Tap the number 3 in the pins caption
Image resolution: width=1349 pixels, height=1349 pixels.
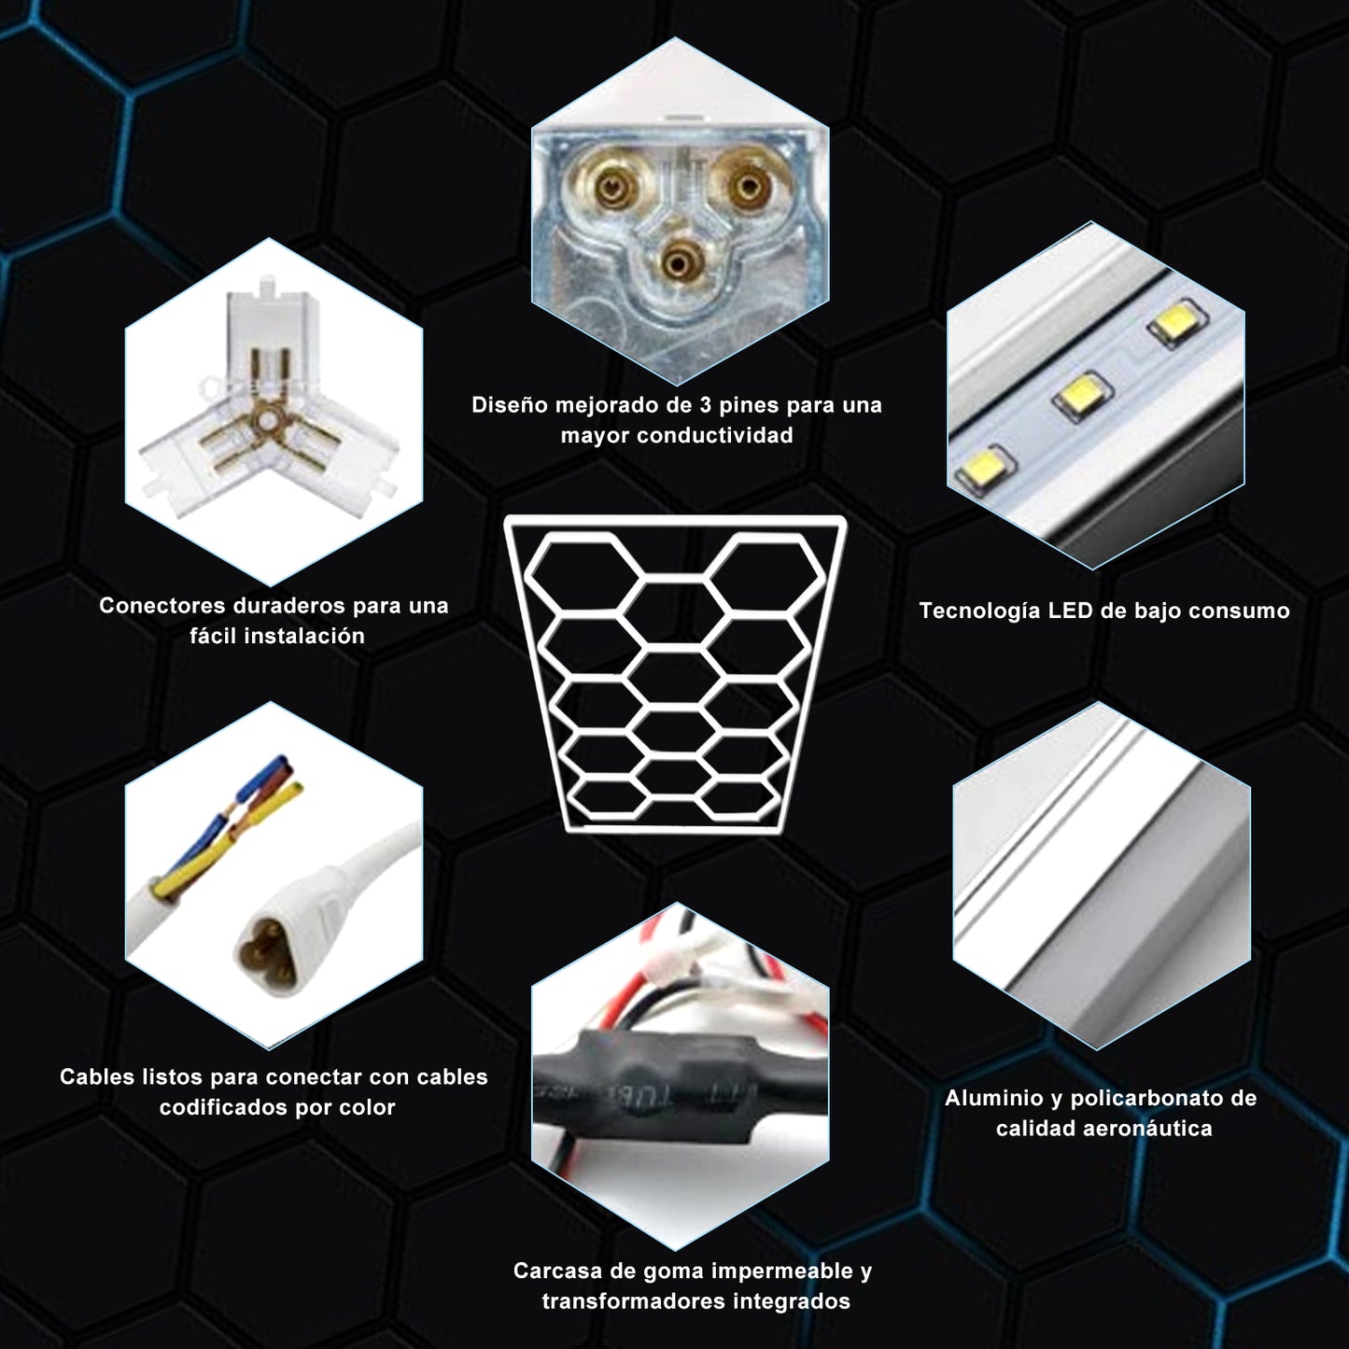tap(706, 405)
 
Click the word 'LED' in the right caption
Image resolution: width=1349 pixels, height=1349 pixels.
tap(1070, 611)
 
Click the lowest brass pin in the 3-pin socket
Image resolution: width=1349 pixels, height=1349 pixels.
tap(679, 263)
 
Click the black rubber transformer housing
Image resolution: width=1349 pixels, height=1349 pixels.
tap(644, 1088)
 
